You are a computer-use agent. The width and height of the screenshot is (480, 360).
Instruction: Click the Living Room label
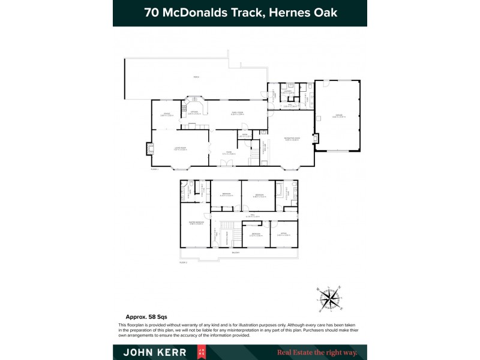[180, 147]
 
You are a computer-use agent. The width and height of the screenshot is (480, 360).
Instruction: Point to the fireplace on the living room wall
[149, 148]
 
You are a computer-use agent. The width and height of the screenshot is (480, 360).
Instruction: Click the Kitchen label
[194, 112]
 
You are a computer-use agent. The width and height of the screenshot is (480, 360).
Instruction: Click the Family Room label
[238, 112]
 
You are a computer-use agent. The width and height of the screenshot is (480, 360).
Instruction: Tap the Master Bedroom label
[195, 223]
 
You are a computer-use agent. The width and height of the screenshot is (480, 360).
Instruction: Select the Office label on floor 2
[284, 234]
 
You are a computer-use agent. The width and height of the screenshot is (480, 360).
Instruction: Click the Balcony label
[235, 253]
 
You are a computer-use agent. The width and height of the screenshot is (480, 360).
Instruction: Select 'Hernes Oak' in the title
[306, 13]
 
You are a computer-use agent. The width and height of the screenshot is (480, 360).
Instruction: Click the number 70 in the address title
[152, 13]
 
